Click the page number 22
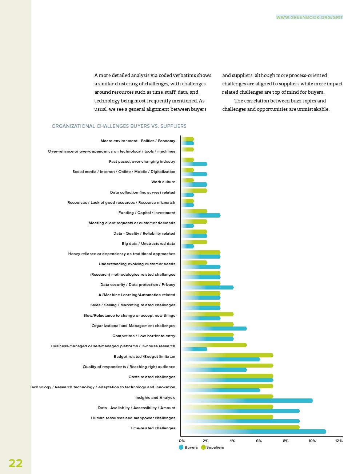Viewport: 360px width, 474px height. click(16, 463)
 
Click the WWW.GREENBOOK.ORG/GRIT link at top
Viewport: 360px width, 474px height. click(309, 17)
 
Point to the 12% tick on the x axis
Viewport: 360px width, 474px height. click(339, 441)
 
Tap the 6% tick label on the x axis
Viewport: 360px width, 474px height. click(259, 441)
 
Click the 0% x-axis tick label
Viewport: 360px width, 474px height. click(182, 441)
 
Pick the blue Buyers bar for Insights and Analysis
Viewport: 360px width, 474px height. click(247, 401)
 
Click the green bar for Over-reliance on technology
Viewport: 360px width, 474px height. click(188, 149)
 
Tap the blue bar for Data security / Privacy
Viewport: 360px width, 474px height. click(207, 287)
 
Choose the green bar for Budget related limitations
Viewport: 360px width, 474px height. click(227, 355)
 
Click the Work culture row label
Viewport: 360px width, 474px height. click(163, 182)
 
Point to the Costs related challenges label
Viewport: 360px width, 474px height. click(152, 377)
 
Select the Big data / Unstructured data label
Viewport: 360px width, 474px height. click(148, 244)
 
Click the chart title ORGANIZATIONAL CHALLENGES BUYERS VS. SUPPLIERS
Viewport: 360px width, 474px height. click(119, 126)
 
